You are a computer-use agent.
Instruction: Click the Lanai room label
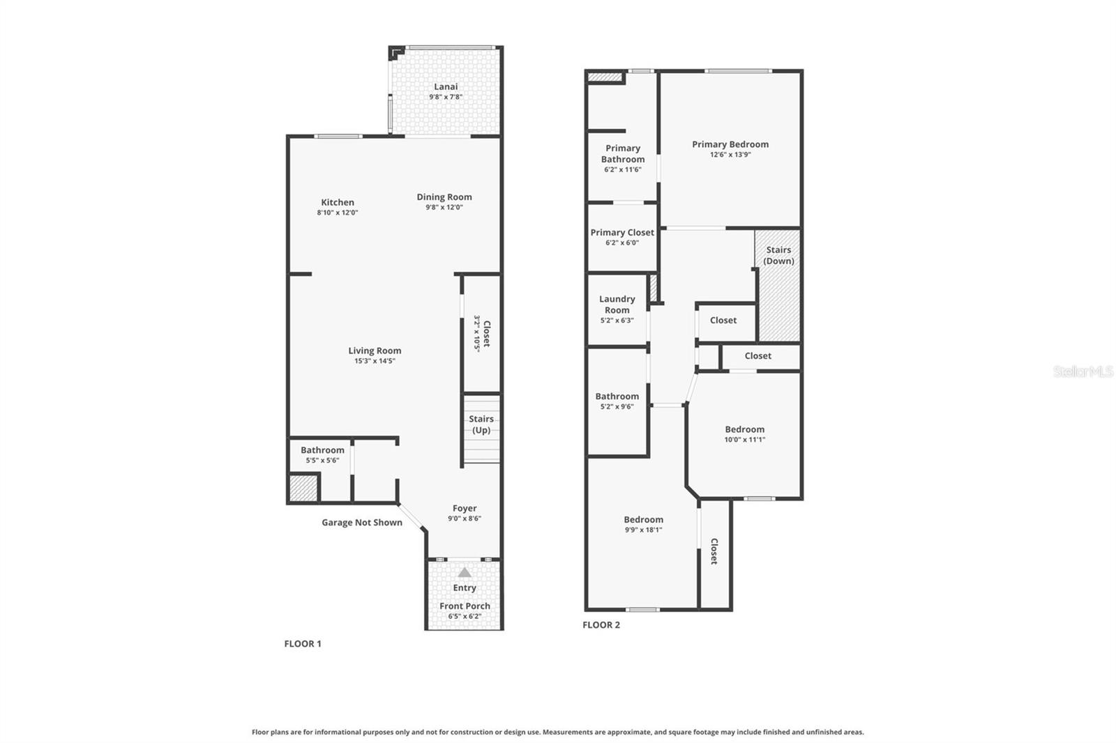[446, 86]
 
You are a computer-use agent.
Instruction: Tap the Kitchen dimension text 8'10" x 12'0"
[338, 213]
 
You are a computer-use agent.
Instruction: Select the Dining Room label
[444, 197]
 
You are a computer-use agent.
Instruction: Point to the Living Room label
[375, 351]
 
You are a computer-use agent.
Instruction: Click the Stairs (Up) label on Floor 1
[481, 424]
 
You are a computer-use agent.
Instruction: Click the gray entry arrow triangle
[465, 572]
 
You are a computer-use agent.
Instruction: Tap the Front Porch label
[465, 606]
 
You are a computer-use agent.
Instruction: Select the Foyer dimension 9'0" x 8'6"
[465, 519]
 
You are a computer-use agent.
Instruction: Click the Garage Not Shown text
[361, 522]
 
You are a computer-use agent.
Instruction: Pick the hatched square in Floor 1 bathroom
[303, 487]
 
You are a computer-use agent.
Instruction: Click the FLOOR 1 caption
[303, 643]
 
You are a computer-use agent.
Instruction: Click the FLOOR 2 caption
[601, 625]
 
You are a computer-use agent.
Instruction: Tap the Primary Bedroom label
[730, 144]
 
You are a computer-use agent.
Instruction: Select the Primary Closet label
[622, 232]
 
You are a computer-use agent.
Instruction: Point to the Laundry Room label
[617, 304]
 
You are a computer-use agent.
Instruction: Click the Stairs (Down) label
[778, 255]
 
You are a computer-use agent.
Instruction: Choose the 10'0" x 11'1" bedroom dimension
[745, 440]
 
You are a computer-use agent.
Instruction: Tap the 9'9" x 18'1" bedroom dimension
[644, 530]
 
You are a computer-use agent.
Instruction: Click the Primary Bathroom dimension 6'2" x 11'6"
[623, 169]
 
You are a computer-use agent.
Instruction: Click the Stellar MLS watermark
[1083, 371]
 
